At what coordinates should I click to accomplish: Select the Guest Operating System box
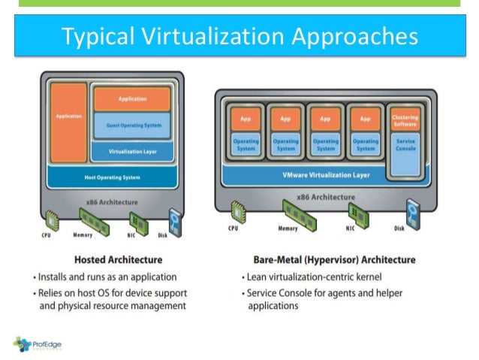pos(132,125)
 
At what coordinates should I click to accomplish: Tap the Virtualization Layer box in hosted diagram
pos(132,151)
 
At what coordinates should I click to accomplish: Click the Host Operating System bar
pos(113,177)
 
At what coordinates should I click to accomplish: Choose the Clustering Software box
pos(405,121)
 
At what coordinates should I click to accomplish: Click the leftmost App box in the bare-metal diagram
pos(245,119)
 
